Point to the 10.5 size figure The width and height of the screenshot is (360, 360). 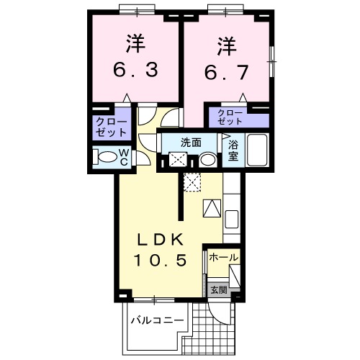tap(161, 260)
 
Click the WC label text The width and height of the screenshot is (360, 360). tap(123, 157)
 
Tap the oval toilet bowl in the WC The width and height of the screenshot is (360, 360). tap(106, 157)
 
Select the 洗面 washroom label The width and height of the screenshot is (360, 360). tap(191, 142)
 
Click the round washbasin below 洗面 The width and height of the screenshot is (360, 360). tap(207, 160)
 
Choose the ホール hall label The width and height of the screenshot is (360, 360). tap(223, 257)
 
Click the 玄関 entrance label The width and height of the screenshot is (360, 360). tap(219, 290)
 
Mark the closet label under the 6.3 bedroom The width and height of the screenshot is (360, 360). tap(111, 127)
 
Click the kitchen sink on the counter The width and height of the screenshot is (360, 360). tap(233, 218)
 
